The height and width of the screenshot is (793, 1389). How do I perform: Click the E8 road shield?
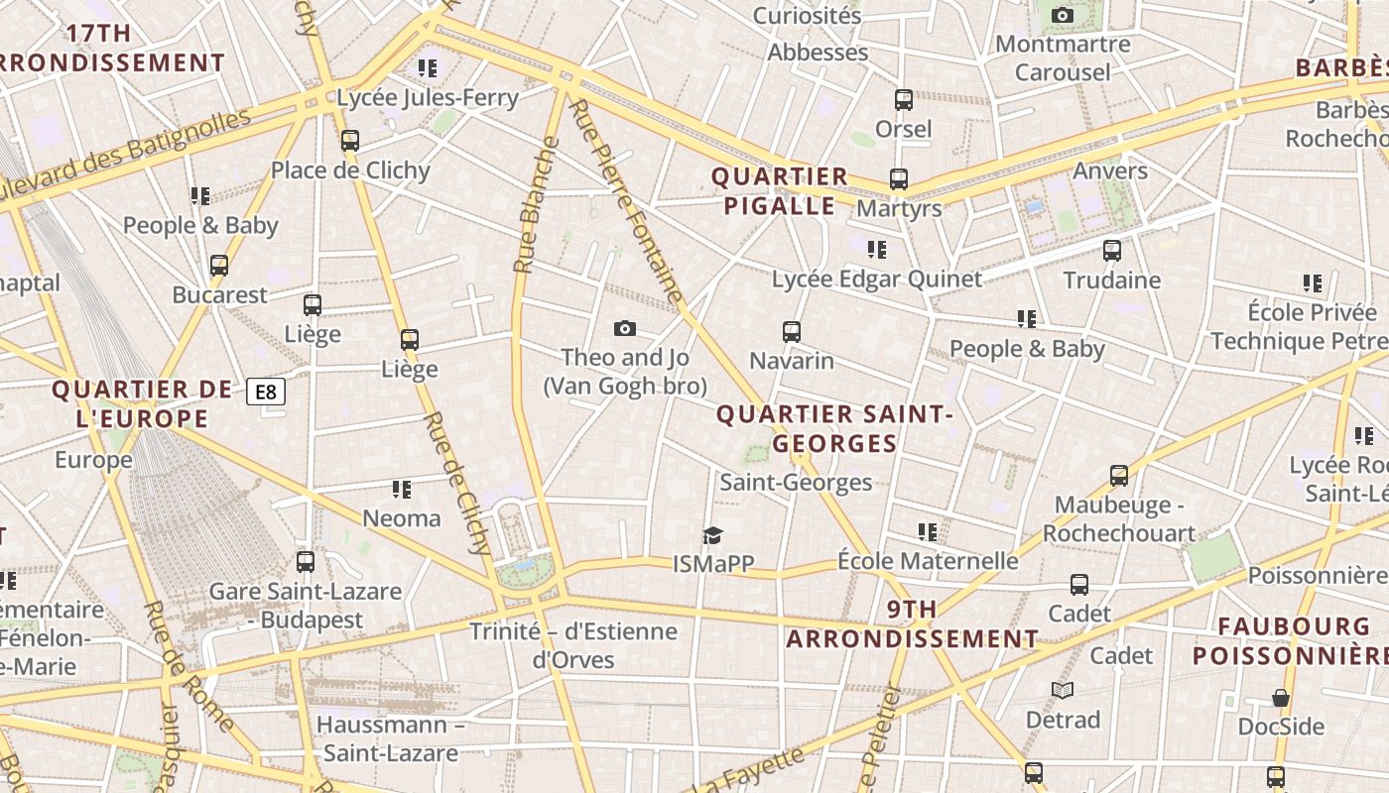click(266, 393)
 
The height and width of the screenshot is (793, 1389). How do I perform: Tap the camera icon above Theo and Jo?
click(625, 329)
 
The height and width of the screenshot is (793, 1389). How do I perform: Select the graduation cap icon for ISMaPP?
click(713, 536)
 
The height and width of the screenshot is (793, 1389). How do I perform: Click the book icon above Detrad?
click(1063, 690)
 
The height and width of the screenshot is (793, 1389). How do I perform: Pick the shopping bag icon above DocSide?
click(1281, 698)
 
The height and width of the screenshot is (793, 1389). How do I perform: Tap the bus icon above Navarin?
click(791, 332)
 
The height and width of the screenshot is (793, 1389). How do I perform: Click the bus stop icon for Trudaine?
click(1112, 251)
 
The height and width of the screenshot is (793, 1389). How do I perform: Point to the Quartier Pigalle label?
click(780, 191)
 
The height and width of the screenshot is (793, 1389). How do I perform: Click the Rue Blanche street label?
click(536, 205)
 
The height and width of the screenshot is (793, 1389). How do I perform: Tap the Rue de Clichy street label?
click(458, 483)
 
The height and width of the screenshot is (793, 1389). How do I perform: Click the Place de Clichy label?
click(350, 170)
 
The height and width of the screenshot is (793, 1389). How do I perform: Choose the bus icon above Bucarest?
click(219, 266)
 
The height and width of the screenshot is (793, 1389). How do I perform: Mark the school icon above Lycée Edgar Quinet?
click(876, 250)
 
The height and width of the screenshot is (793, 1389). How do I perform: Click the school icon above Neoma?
click(401, 490)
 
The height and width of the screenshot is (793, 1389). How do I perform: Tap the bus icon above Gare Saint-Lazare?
click(306, 562)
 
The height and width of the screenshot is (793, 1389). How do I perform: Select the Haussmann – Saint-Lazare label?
click(391, 738)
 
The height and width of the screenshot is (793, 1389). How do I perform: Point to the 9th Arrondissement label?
click(913, 623)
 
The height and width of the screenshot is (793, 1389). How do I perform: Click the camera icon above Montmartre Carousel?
click(1063, 16)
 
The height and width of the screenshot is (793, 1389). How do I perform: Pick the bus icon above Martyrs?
click(899, 179)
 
